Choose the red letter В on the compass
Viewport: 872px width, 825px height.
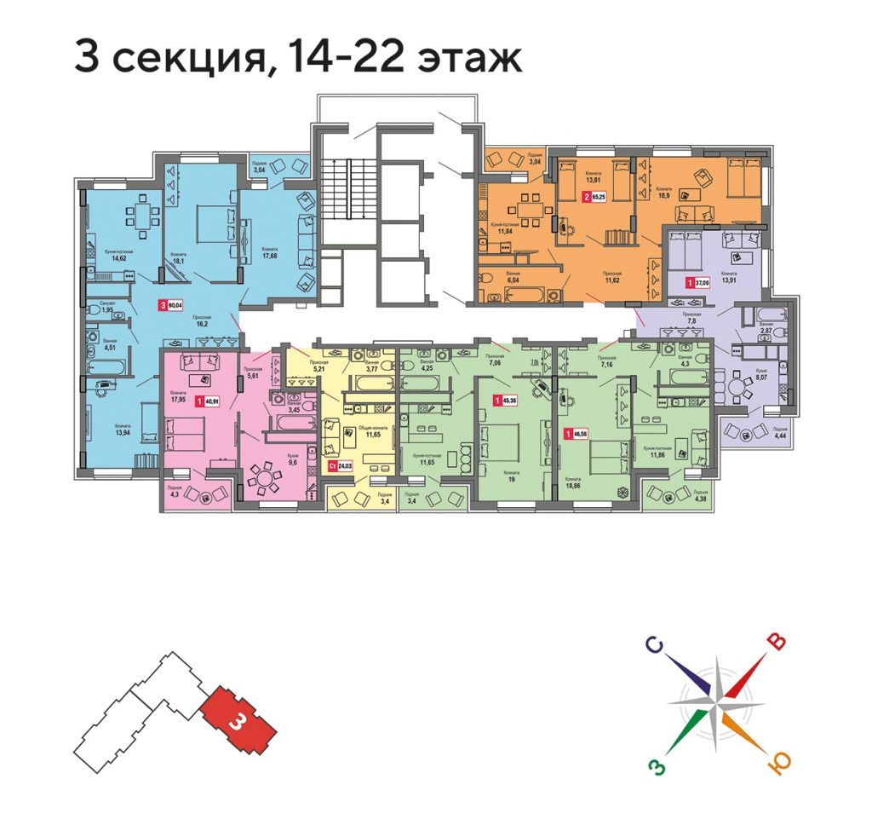[x=775, y=641]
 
